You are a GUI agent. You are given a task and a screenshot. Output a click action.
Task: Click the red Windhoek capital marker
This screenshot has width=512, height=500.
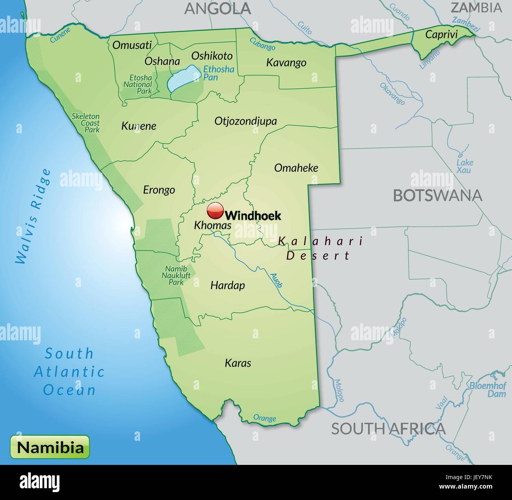(215, 211)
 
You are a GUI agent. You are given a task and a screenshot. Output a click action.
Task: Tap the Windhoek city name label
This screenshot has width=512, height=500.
(253, 215)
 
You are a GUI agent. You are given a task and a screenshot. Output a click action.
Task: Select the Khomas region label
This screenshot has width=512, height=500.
(213, 226)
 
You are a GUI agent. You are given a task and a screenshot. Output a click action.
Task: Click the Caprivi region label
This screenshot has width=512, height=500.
(441, 35)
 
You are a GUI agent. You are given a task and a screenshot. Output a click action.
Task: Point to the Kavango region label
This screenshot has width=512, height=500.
(286, 63)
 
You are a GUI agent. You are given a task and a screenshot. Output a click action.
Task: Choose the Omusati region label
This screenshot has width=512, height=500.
(132, 45)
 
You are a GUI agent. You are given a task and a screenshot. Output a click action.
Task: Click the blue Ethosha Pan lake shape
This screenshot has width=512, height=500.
(182, 78)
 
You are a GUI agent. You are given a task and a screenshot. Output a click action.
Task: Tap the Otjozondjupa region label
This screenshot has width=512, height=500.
(245, 121)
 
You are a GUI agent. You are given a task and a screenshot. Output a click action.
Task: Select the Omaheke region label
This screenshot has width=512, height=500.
(296, 168)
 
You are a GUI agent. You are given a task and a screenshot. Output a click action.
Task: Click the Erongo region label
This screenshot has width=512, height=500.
(159, 190)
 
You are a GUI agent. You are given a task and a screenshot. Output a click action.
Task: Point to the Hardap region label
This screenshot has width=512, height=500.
(228, 285)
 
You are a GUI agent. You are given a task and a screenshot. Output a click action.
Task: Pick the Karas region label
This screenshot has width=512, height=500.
(238, 363)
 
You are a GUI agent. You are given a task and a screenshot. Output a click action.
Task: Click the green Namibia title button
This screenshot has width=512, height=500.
(50, 447)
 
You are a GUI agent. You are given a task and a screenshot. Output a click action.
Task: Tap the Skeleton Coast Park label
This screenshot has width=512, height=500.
(86, 123)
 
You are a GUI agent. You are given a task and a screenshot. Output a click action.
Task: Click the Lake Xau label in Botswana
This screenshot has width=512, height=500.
(465, 166)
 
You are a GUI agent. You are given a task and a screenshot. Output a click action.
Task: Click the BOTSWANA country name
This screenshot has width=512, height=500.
(438, 196)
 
